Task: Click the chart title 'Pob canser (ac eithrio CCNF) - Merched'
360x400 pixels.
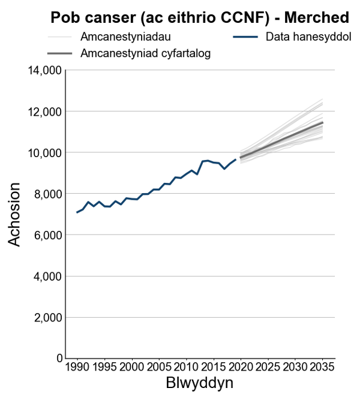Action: click(x=200, y=17)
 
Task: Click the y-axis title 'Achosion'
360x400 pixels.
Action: click(x=16, y=214)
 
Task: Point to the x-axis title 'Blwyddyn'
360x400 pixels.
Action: click(x=199, y=383)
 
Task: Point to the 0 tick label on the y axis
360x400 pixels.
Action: click(x=58, y=359)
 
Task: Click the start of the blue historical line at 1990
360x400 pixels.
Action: click(x=77, y=212)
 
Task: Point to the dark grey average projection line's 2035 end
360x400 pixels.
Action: click(x=322, y=122)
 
